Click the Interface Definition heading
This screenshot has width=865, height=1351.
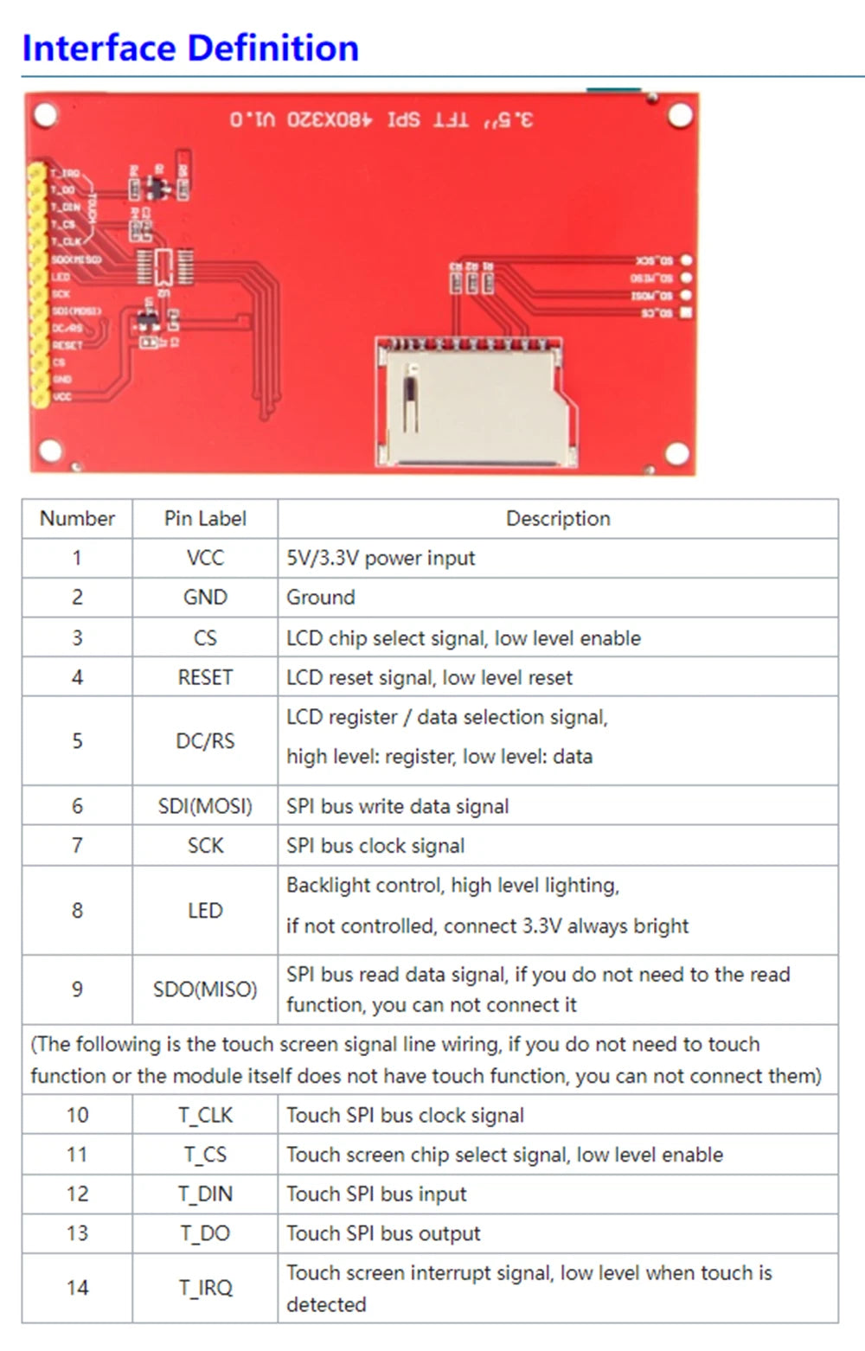(190, 48)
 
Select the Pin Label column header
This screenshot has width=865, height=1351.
(205, 518)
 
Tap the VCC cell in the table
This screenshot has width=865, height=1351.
(205, 558)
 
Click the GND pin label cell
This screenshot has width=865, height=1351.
(205, 597)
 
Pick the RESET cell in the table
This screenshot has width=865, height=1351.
(205, 677)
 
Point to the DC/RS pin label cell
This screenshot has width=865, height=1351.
(205, 741)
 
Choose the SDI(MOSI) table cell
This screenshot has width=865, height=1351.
(205, 806)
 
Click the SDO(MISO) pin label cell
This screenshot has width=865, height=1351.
(205, 989)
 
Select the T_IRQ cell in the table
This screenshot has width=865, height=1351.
(205, 1288)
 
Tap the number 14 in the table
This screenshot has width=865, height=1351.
(77, 1288)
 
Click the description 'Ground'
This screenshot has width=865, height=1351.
(321, 597)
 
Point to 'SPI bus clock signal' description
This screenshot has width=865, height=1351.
(375, 846)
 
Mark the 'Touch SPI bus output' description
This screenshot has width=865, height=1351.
(383, 1233)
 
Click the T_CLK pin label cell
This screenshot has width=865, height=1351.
(205, 1115)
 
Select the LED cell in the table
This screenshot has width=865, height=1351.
(205, 911)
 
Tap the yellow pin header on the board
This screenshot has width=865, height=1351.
(37, 285)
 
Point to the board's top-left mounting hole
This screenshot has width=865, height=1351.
(45, 114)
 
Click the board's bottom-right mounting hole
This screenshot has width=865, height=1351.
(676, 452)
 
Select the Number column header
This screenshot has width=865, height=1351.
(77, 518)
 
